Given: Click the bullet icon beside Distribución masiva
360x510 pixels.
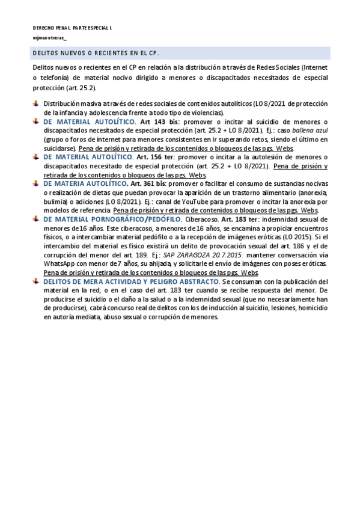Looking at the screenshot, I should click(37, 103).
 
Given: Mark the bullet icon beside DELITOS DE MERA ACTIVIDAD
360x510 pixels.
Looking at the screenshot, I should click(37, 281).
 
